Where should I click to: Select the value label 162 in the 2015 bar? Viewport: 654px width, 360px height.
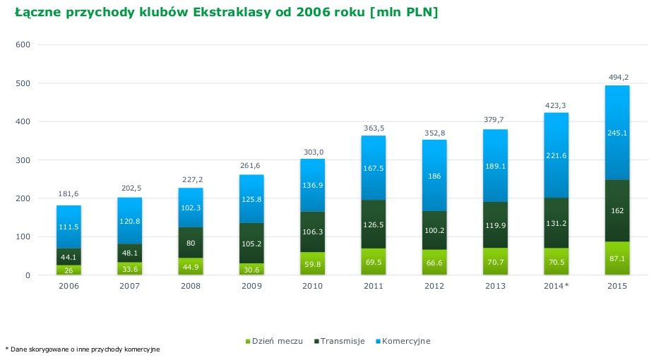pos(617,210)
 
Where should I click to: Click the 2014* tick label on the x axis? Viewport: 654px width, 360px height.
pos(556,287)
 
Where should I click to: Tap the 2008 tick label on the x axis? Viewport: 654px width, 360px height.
pos(191,287)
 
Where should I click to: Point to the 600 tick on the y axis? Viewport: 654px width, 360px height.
pos(23,45)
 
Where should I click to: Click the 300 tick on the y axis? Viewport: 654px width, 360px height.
pos(23,160)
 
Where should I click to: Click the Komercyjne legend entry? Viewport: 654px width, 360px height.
pos(402,342)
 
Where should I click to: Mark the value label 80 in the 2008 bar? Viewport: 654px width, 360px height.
pos(191,243)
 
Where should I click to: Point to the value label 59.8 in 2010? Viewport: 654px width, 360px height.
pos(312,265)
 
